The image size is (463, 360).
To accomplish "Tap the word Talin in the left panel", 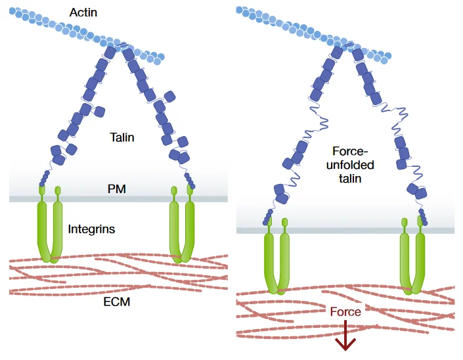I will pyautogui.click(x=122, y=137).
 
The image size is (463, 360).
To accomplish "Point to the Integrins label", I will pyautogui.click(x=91, y=229).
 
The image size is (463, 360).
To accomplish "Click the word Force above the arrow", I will pyautogui.click(x=345, y=311).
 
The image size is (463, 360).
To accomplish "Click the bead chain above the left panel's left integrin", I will pyautogui.click(x=44, y=179).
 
